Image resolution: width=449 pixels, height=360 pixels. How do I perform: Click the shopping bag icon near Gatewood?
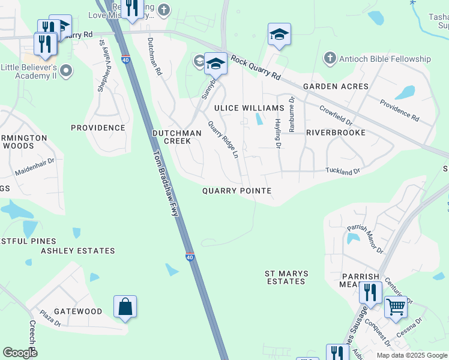125,308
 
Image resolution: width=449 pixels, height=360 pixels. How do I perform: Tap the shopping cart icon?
396,307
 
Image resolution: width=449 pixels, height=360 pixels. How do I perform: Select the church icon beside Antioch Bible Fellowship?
329,59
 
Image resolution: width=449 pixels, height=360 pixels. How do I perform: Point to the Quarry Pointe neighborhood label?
237,191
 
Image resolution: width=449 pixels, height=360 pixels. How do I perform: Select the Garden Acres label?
336,86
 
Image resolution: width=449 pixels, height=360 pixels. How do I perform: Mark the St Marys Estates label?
286,277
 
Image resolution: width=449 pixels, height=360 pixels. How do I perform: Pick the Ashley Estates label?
77,251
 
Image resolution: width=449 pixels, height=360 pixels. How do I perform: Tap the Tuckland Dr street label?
343,171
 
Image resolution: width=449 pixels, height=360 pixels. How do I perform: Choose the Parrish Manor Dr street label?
364,239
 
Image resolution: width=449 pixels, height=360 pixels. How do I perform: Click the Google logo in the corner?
20,353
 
